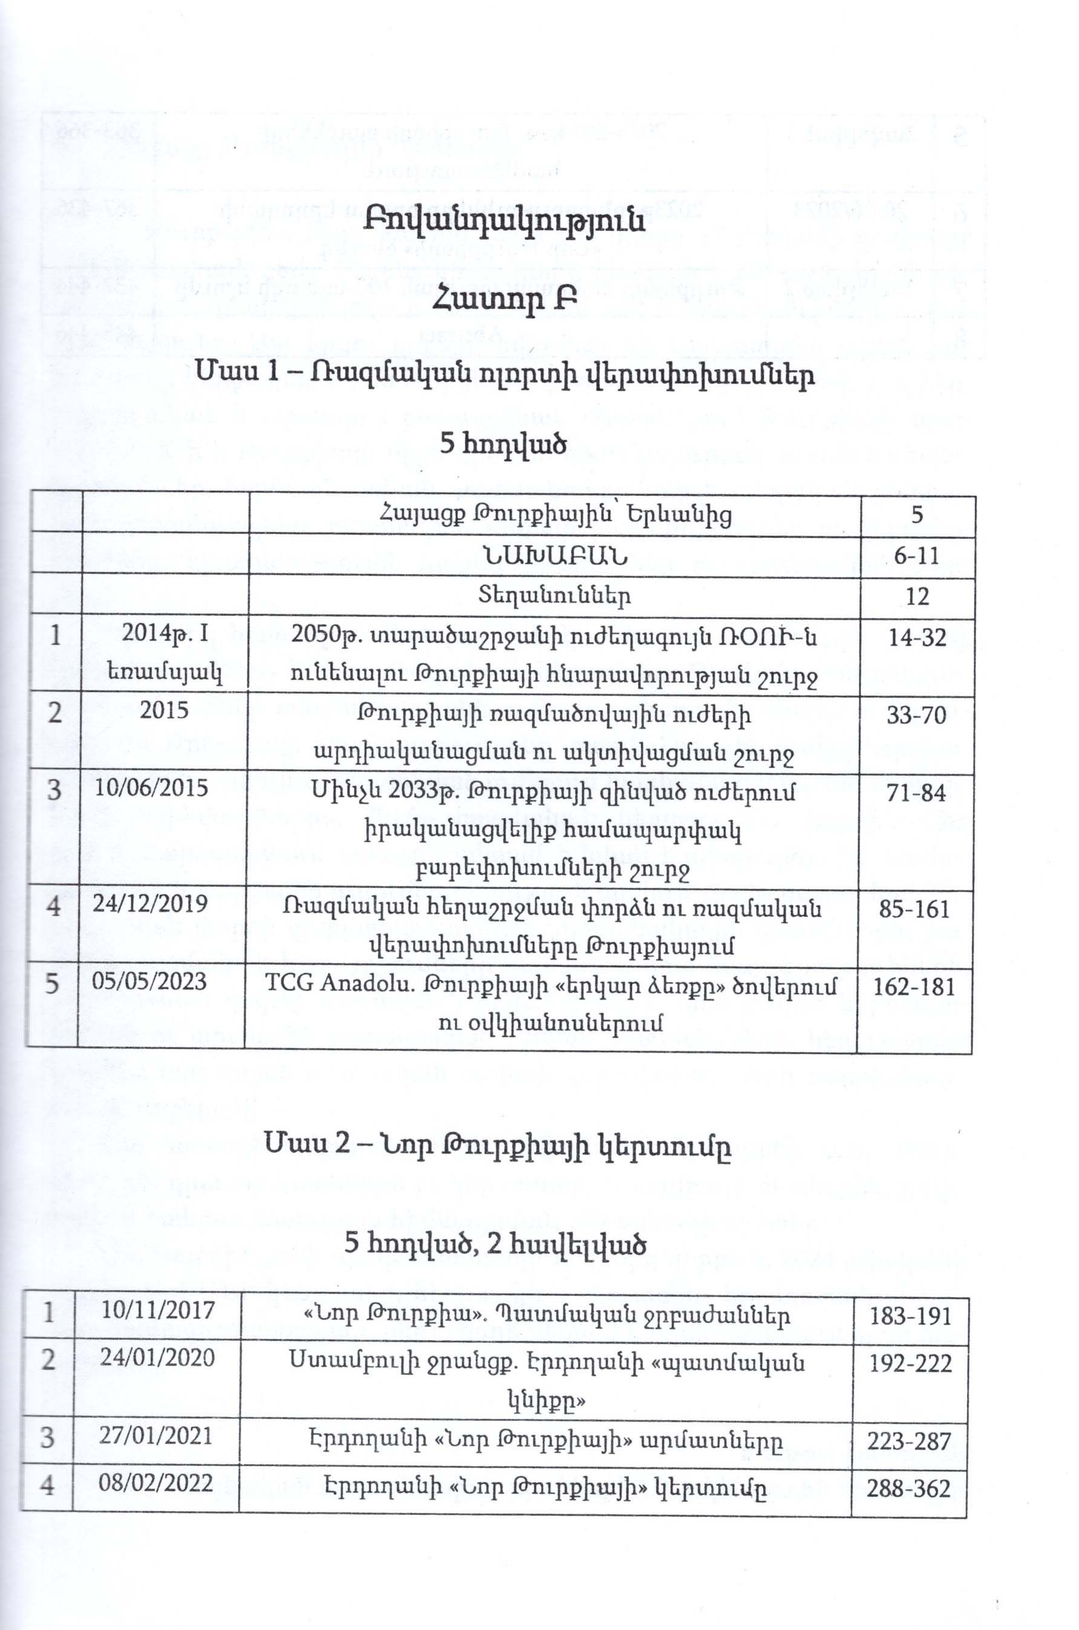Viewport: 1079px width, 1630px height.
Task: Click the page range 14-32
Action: tap(918, 638)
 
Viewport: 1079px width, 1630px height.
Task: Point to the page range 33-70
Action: tap(918, 715)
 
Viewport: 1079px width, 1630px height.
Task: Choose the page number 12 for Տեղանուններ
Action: tap(918, 596)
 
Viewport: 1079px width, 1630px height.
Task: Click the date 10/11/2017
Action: tap(158, 1310)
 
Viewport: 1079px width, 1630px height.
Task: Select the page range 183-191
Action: tap(910, 1316)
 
